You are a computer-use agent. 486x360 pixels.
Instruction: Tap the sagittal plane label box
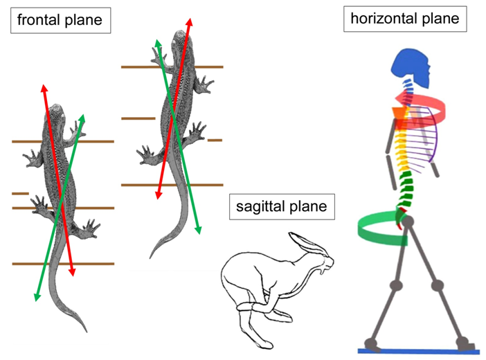(280, 206)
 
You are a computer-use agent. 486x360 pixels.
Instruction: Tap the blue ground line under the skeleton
(422, 351)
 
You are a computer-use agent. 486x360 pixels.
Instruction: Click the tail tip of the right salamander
(152, 257)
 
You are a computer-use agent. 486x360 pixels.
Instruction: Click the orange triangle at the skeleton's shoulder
(398, 115)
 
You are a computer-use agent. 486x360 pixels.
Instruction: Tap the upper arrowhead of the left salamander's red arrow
(44, 88)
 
